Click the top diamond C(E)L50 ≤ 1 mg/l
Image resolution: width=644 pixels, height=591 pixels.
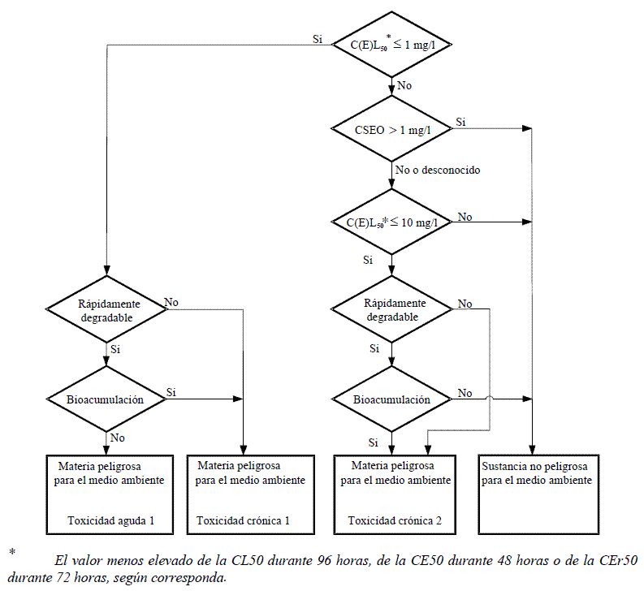tap(391, 45)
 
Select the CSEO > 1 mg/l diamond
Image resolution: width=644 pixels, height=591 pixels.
tap(391, 128)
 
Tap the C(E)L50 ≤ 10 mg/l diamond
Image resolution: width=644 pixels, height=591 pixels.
tap(391, 222)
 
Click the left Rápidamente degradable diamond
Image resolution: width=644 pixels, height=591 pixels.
tap(106, 308)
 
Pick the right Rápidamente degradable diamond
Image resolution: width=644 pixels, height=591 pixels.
tap(391, 308)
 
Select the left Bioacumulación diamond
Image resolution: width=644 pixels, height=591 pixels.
tap(106, 399)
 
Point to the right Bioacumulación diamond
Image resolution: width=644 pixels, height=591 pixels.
tap(391, 399)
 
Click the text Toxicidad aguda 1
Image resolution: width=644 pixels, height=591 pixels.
tap(111, 520)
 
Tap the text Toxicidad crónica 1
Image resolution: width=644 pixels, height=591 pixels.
tap(243, 520)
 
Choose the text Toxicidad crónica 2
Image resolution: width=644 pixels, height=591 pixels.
tap(395, 520)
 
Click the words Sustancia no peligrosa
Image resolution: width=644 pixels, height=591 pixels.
tap(534, 466)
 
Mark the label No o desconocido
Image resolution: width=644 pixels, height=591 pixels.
tap(438, 170)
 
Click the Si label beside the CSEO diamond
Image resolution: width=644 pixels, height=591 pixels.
tap(460, 122)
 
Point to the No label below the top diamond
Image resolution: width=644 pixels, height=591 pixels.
tap(404, 85)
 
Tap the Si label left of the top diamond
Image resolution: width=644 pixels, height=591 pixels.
tap(318, 39)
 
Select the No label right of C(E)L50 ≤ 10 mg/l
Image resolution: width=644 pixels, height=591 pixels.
tap(465, 217)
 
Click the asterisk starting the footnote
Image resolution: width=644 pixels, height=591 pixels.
tap(12, 551)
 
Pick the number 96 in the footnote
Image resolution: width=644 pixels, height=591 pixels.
tap(324, 560)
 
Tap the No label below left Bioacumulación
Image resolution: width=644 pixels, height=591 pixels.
tap(117, 438)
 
